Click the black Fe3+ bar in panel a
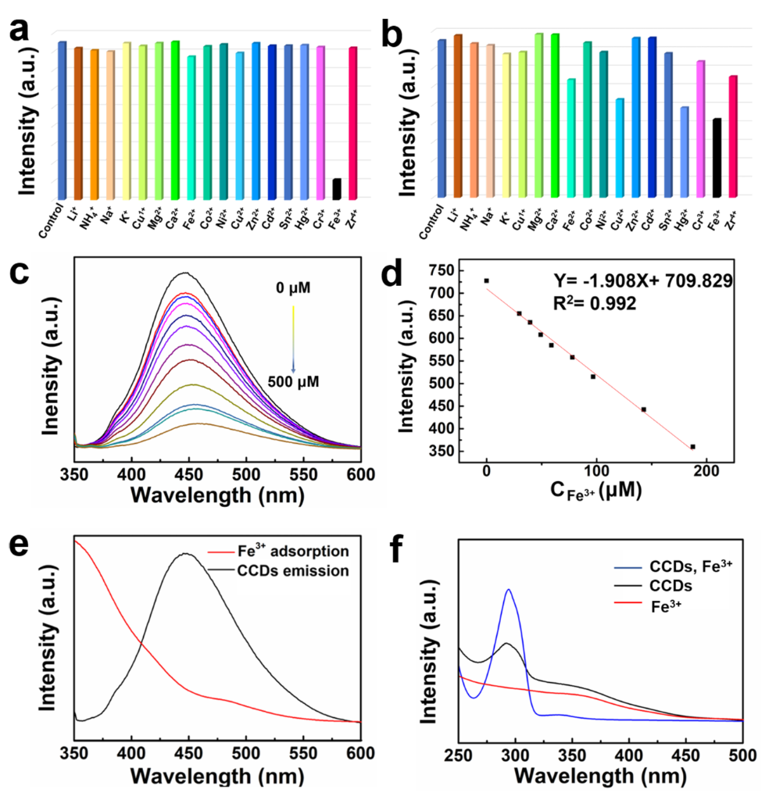pyautogui.click(x=337, y=189)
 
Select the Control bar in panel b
pyautogui.click(x=442, y=117)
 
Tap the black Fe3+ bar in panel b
pyautogui.click(x=717, y=157)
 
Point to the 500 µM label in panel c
pyautogui.click(x=294, y=382)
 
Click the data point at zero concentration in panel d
pyautogui.click(x=486, y=280)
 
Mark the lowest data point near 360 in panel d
pyautogui.click(x=692, y=447)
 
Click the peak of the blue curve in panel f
pyautogui.click(x=509, y=590)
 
